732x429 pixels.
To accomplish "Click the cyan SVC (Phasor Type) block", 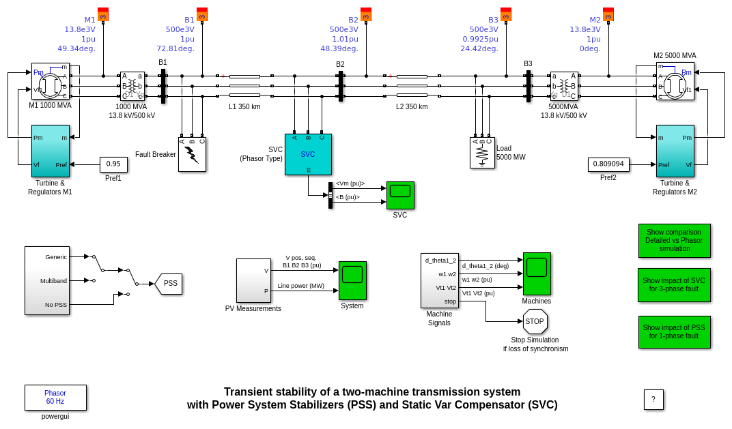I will point(308,154).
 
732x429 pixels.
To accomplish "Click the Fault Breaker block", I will point(192,154).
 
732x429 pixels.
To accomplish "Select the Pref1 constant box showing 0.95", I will point(113,164).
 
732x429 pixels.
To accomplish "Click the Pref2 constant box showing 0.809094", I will point(608,164).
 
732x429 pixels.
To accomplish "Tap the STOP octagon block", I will point(535,321).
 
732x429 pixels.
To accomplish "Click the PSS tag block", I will point(169,284).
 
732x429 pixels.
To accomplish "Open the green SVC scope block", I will point(400,195).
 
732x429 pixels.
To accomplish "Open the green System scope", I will point(352,280).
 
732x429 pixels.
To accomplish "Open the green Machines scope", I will point(537,273).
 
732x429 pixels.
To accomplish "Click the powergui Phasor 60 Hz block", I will point(55,398).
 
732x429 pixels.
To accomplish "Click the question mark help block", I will point(653,400).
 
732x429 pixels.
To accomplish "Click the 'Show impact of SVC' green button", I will point(674,285).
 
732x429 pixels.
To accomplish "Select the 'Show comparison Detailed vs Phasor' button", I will point(674,240).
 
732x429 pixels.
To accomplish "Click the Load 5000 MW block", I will point(482,153).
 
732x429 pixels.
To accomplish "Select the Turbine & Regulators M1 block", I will point(51,151).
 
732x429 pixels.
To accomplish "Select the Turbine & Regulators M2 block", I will point(675,151).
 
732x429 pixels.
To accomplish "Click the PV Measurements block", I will point(253,280).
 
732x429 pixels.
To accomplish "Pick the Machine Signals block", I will point(439,280).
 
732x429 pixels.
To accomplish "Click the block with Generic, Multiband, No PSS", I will point(47,280).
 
